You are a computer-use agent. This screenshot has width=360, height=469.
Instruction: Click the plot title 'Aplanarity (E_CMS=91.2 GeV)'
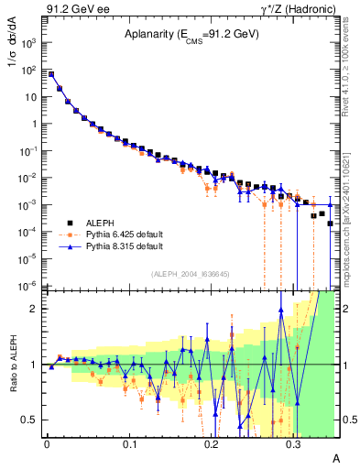coord(191,35)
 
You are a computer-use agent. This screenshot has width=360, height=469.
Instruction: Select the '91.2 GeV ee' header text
coord(74,8)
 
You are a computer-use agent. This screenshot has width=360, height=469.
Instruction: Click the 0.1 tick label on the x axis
coord(128,442)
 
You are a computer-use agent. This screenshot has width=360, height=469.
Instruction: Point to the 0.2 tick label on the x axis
coord(211,442)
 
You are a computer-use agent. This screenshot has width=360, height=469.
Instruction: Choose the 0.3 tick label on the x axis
coord(293,442)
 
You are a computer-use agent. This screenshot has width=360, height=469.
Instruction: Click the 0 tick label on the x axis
coord(47,442)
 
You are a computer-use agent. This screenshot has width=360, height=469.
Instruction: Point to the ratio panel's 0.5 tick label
coord(32,420)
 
